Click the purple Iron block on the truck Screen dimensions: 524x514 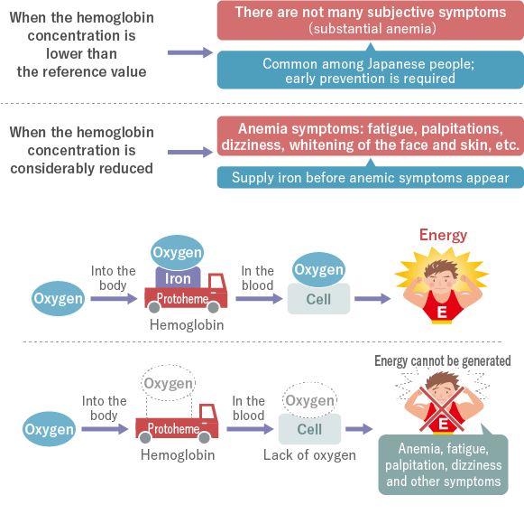point(178,277)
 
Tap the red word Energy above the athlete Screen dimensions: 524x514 point(443,235)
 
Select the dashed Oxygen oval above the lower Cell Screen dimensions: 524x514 point(309,400)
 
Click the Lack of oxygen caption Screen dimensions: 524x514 point(309,455)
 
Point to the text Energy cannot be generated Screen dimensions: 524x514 point(443,361)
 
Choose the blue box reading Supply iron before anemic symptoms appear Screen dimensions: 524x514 point(371,177)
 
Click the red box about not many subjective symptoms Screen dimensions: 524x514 point(371,21)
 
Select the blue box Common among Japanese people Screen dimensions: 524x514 point(371,70)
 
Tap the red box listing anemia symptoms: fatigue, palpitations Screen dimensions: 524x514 point(371,136)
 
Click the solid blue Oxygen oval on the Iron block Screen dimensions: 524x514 point(178,252)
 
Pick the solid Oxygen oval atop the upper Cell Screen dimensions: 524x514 point(318,270)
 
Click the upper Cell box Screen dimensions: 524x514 point(318,299)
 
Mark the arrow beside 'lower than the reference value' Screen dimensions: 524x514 point(189,52)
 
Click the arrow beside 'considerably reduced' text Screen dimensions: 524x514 point(189,153)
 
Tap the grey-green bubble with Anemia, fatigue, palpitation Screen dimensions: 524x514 point(443,464)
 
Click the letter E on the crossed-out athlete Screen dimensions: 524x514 point(443,424)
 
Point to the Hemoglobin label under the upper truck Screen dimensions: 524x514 point(187,325)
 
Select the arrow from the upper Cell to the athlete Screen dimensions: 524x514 point(372,298)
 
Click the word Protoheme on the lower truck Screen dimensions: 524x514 point(174,429)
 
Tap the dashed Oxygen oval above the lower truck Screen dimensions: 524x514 point(169,383)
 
